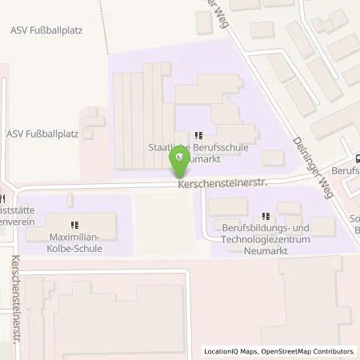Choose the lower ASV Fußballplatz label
[42, 134]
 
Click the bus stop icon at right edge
[357, 158]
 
